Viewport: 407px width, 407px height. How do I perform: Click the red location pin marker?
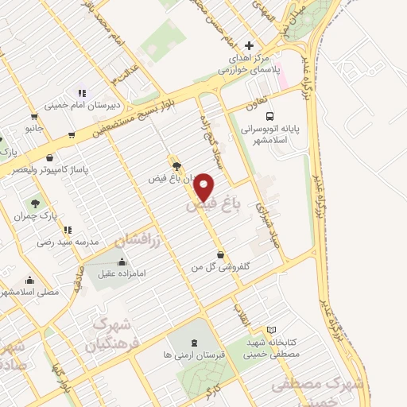204,186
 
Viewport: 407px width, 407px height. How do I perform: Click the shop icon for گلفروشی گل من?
219,254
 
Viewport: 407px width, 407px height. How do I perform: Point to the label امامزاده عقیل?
121,273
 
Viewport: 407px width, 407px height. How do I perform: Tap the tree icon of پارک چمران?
34,203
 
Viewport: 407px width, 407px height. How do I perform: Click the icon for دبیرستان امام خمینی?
82,92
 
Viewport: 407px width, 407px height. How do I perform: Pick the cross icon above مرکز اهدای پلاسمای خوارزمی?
249,45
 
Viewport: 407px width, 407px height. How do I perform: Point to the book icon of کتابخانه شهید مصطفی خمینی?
271,330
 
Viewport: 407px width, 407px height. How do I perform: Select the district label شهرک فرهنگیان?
111,335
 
